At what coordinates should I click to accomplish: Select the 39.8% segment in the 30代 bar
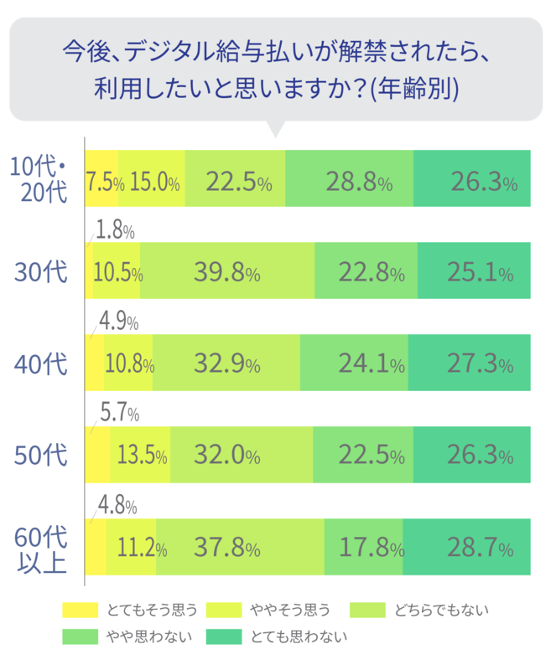click(x=226, y=271)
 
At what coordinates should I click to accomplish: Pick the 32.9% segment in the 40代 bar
click(x=226, y=363)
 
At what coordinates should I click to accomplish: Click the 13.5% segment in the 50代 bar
click(x=140, y=455)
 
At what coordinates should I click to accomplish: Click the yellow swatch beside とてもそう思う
click(x=81, y=609)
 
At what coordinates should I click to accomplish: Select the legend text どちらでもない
click(x=441, y=609)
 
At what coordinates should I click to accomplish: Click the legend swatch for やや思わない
click(x=81, y=636)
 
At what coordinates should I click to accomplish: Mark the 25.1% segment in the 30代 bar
click(x=474, y=271)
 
